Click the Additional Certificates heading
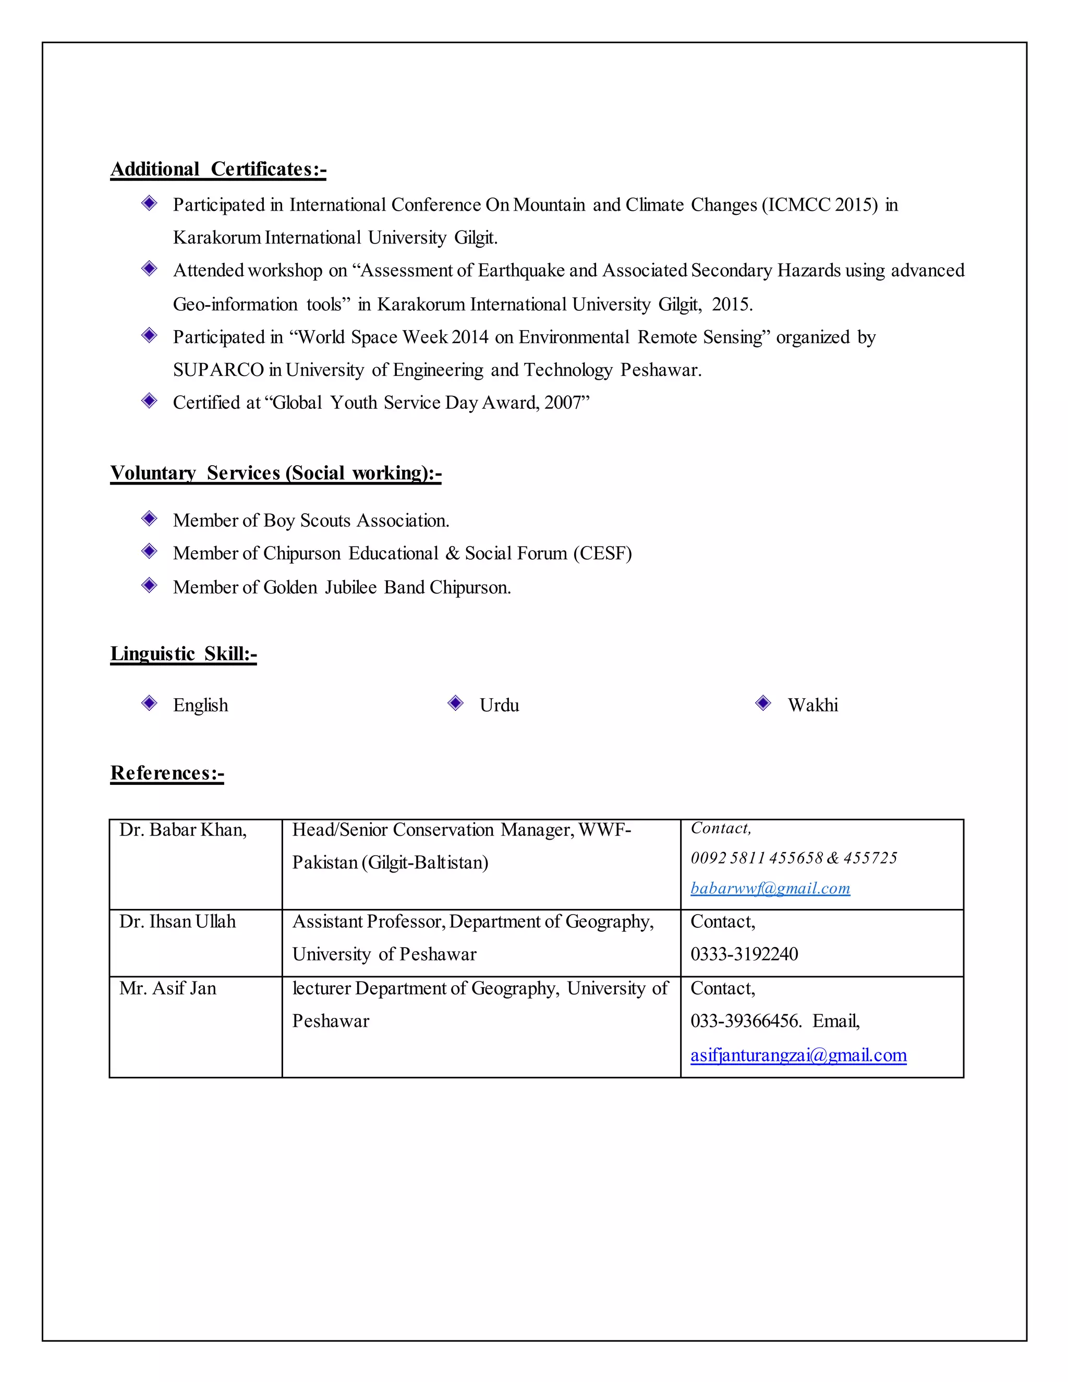(219, 169)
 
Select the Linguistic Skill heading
(184, 653)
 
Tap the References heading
(167, 773)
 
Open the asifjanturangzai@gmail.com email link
(798, 1055)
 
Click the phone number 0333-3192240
(744, 954)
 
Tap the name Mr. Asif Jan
(168, 988)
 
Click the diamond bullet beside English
(149, 703)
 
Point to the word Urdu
(499, 705)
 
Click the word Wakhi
(812, 705)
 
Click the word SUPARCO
(219, 370)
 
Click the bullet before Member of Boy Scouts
(149, 519)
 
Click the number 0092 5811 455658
(757, 858)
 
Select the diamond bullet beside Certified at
(149, 401)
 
